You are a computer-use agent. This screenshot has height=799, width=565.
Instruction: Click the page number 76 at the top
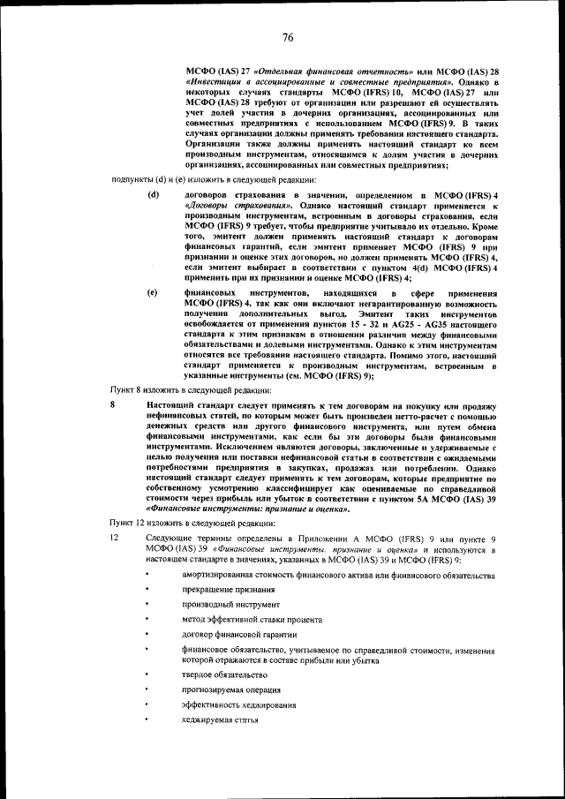point(287,37)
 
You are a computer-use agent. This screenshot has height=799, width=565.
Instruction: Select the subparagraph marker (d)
point(154,193)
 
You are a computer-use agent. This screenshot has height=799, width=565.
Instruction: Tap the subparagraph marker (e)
point(154,292)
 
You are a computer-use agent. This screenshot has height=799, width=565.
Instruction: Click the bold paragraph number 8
point(113,403)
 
